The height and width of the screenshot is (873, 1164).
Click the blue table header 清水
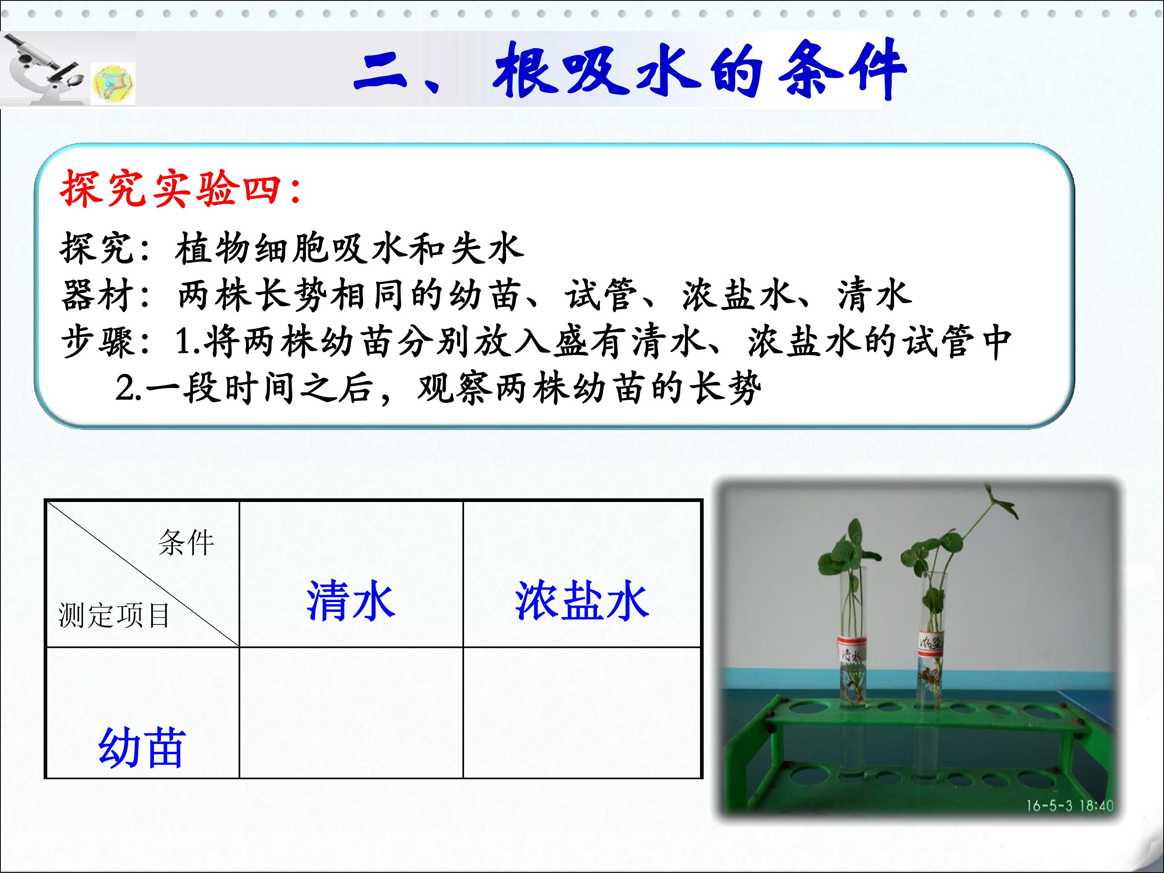(x=351, y=601)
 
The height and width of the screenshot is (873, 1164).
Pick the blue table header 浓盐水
(x=582, y=601)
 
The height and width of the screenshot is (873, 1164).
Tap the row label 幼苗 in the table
(x=142, y=747)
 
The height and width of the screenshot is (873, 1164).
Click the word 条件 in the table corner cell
(x=186, y=542)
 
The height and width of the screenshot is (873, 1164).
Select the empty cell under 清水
(x=351, y=713)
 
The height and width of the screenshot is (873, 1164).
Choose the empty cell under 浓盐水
(x=582, y=713)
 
